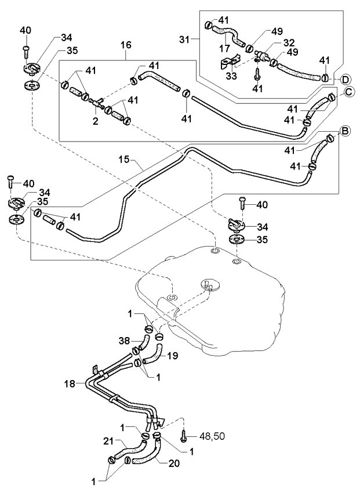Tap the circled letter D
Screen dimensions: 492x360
pos(346,79)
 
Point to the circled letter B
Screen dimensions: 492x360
pos(344,132)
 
